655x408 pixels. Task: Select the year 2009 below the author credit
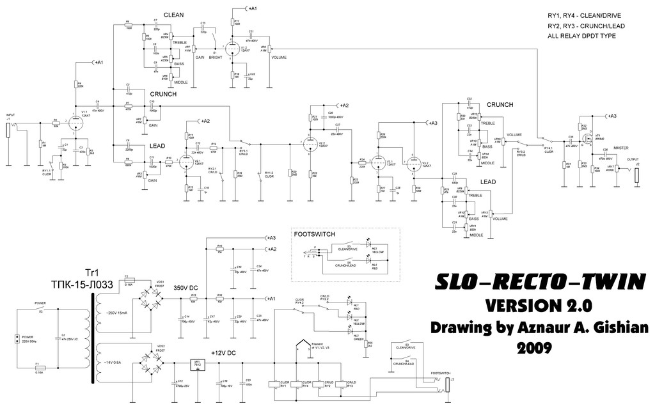coord(539,348)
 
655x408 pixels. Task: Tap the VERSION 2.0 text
coord(539,304)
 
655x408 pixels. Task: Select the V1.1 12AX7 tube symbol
coord(75,121)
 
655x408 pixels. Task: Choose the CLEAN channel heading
coord(174,15)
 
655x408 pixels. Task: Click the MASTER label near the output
coord(621,147)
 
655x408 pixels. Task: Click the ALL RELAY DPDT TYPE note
coord(581,36)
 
